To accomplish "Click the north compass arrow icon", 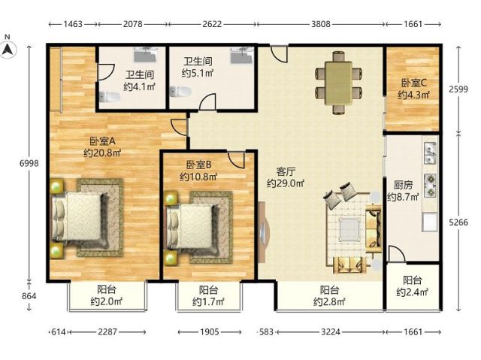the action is click(8, 50).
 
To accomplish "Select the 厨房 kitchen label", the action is click(403, 185).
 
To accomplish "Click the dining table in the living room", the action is click(338, 83).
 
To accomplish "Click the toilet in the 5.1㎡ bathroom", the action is click(180, 92).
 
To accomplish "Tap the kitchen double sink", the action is click(431, 153).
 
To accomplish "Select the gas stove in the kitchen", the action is click(431, 185).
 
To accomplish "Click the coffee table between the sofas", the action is click(349, 229).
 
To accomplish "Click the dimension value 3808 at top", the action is click(321, 24).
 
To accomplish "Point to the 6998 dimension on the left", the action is click(29, 163).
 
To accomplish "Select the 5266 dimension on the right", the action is click(458, 222).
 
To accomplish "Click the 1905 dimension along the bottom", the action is click(210, 331).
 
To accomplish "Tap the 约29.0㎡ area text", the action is click(286, 183).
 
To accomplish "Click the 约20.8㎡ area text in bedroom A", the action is click(102, 153).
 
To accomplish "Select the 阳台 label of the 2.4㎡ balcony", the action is click(413, 280).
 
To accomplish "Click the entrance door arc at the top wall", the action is click(279, 54).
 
